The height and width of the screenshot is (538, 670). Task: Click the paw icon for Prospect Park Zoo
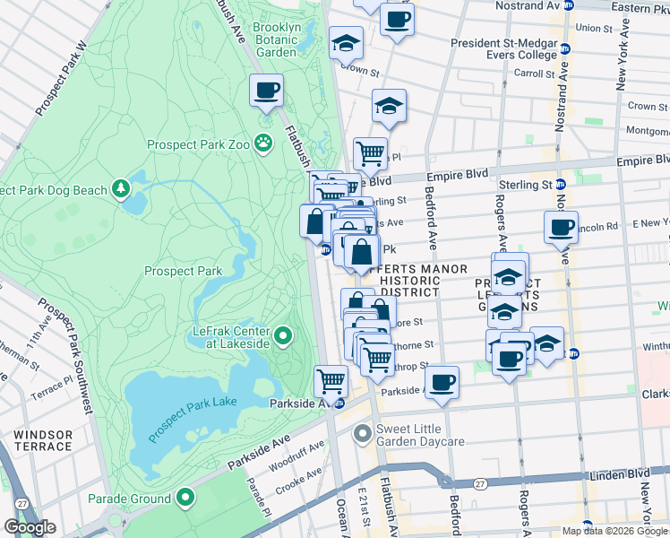click(x=262, y=142)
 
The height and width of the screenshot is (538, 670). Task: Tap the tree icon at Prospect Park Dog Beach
click(x=120, y=189)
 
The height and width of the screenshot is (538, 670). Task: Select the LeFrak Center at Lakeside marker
click(x=283, y=337)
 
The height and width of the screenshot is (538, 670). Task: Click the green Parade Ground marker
click(x=185, y=498)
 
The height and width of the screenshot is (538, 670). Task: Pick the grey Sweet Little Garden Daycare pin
click(x=363, y=435)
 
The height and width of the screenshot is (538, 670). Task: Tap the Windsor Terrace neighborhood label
click(x=43, y=439)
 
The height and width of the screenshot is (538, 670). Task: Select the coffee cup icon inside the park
click(x=267, y=90)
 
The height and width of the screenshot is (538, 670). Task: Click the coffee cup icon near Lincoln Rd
click(x=561, y=227)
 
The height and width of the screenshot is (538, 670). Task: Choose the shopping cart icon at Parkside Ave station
click(x=331, y=381)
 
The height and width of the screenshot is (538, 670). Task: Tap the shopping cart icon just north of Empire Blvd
click(x=370, y=153)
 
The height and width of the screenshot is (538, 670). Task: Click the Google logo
click(x=30, y=527)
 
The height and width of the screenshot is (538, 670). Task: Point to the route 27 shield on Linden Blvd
click(x=481, y=483)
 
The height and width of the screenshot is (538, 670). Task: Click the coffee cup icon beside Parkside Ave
click(x=442, y=381)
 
